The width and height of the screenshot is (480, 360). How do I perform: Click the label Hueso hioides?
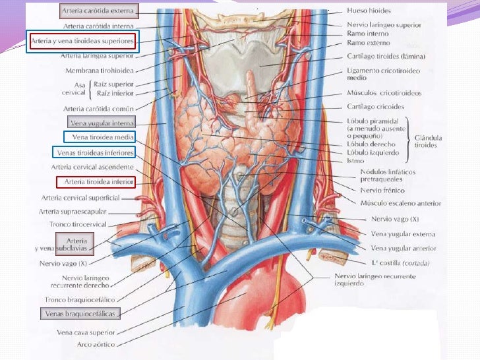click(369, 11)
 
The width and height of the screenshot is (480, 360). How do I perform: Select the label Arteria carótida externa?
click(99, 11)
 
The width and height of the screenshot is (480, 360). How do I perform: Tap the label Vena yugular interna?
click(102, 123)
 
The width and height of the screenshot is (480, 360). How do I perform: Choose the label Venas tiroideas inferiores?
click(95, 152)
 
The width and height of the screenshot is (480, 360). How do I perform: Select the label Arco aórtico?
click(96, 345)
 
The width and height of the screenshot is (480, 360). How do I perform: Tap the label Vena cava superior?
click(86, 332)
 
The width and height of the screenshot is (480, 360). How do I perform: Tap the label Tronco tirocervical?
click(88, 224)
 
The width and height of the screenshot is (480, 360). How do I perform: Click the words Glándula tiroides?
click(428, 141)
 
